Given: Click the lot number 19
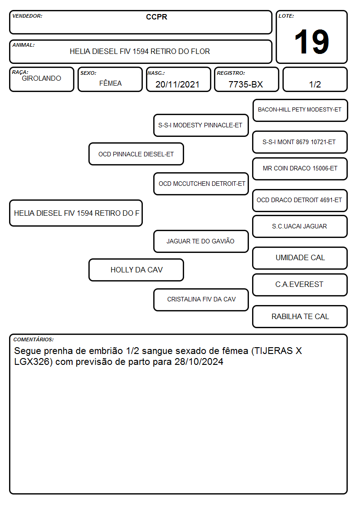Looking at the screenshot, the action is coord(311,42).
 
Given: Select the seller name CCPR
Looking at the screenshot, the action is coord(156,17).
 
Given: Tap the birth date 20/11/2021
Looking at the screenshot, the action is coord(177,84).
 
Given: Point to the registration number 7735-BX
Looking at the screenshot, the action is coord(245,84).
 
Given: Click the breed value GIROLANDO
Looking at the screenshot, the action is coord(41,78).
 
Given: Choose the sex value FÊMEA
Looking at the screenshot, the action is coord(110,83).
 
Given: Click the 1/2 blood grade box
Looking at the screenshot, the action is coord(315,79).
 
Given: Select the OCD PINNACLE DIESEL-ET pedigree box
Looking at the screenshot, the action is coord(136,154).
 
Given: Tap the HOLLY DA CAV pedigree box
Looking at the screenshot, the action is coord(136,270).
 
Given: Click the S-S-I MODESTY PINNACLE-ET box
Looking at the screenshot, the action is coord(201,125).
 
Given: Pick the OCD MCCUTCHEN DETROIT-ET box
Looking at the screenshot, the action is coord(201,184).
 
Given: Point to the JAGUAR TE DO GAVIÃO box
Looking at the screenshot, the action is coord(201,241).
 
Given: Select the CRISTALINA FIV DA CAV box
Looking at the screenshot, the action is coord(201,300).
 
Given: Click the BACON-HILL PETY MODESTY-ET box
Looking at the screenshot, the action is coord(300,111).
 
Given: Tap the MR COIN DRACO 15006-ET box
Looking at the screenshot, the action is coord(300,169).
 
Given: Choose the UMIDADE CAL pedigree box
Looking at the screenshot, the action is coord(300,258).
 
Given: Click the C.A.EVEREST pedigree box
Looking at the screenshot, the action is coord(300,285).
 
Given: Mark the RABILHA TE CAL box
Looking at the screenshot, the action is coord(300,316).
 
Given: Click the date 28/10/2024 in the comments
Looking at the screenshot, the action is coord(199,362).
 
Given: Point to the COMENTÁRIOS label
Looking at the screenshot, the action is coord(34,339).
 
